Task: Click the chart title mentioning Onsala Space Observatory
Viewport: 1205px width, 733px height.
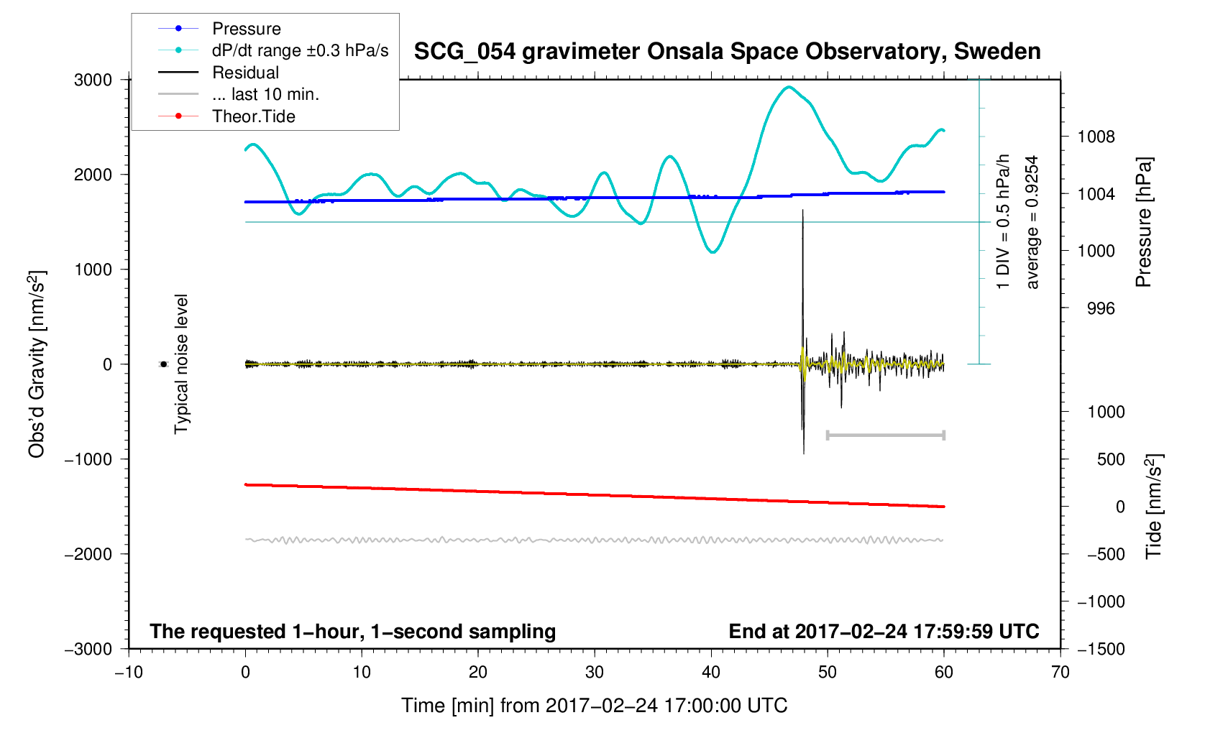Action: pos(727,52)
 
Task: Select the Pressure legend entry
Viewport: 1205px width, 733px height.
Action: pos(246,29)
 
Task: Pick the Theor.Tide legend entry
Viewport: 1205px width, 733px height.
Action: pos(253,116)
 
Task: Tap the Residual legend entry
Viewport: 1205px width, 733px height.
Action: pos(245,73)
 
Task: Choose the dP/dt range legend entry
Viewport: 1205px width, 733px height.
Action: pos(300,50)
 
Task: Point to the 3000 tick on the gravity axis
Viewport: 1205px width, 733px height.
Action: pos(93,80)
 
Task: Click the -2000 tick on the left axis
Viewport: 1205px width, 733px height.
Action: pos(88,554)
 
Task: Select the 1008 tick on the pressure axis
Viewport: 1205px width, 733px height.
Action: pos(1096,137)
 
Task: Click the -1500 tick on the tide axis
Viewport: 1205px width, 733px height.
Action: pos(1100,649)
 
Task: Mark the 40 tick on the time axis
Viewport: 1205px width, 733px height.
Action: pos(711,672)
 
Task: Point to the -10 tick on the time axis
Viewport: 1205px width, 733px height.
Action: pos(129,672)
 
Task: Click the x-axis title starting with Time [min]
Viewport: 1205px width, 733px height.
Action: pos(594,706)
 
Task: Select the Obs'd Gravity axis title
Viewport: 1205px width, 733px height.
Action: pos(37,364)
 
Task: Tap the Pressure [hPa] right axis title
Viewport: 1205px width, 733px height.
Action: pos(1143,222)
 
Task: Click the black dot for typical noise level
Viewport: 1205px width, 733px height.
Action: pos(164,364)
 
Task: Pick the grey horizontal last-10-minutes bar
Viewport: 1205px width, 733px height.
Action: pos(885,435)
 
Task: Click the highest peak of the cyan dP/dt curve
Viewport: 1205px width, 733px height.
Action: pos(789,87)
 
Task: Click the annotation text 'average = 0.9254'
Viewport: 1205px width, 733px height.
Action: pos(1032,222)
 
